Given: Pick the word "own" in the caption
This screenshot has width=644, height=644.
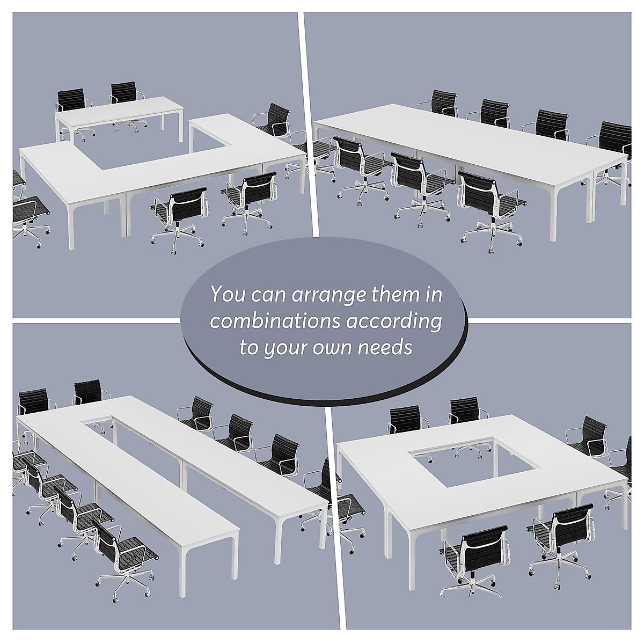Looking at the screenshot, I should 334,348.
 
